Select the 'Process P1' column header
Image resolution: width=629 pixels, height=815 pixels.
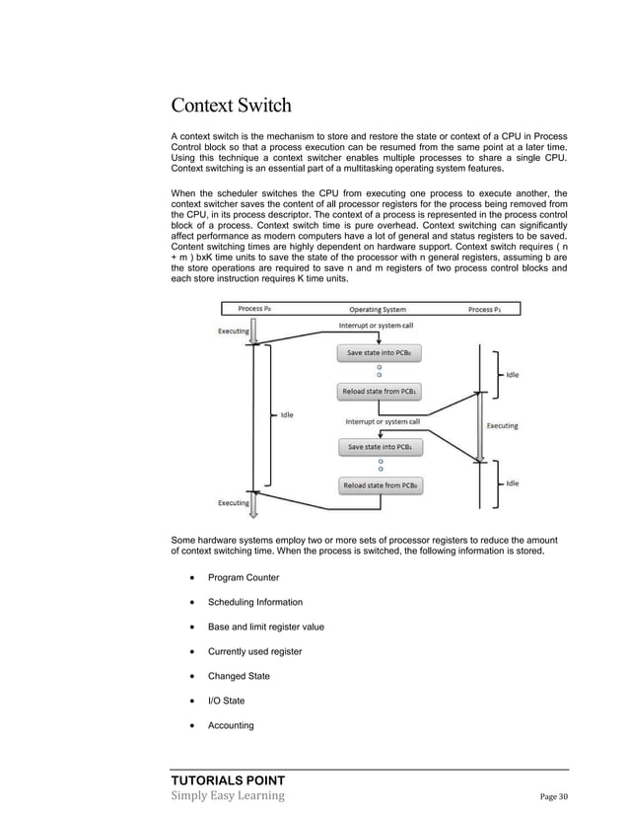point(485,309)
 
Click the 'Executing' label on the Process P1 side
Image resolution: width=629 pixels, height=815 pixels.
point(503,426)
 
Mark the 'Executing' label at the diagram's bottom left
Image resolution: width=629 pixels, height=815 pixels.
point(234,502)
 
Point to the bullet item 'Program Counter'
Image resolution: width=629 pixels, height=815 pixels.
point(243,577)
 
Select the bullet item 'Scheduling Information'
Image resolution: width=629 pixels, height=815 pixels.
point(254,602)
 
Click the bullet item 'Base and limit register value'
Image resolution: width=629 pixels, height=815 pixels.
point(265,627)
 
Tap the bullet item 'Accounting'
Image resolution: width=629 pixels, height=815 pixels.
point(230,725)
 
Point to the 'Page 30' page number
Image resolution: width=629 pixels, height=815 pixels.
point(554,797)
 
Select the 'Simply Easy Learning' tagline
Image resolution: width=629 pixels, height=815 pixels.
point(228,795)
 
